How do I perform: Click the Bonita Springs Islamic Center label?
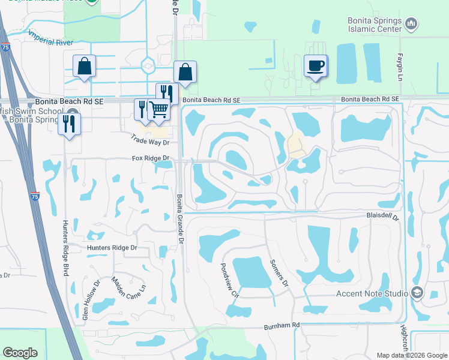(375, 23)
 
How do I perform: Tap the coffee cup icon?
(315, 65)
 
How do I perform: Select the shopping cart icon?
(158, 109)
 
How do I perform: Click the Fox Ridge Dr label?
(151, 158)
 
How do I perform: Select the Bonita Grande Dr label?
(178, 219)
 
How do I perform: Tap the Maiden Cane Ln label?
(129, 292)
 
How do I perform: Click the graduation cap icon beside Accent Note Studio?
(416, 293)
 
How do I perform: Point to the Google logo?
(20, 353)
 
